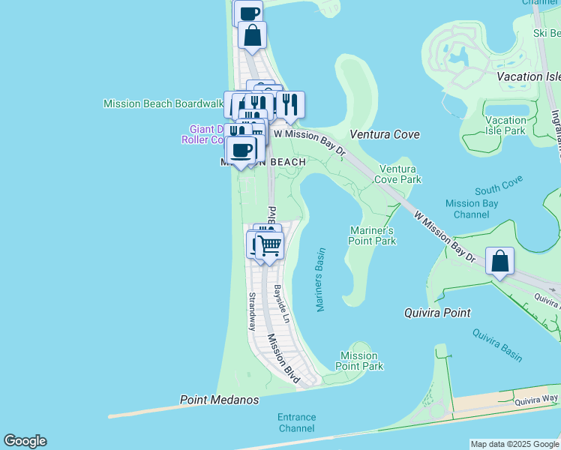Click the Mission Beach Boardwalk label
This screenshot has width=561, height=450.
click(x=163, y=103)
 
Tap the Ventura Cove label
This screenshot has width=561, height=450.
click(x=385, y=134)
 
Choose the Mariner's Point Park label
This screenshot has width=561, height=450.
click(x=372, y=235)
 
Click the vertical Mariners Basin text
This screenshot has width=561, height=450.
click(x=320, y=280)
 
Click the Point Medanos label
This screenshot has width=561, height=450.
click(x=220, y=400)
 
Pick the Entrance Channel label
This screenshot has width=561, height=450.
click(x=296, y=422)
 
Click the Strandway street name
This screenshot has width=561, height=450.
click(x=252, y=311)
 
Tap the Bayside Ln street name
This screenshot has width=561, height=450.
click(x=280, y=300)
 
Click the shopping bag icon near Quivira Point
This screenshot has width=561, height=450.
click(x=499, y=262)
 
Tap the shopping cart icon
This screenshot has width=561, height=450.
click(x=269, y=245)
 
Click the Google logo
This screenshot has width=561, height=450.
click(x=25, y=441)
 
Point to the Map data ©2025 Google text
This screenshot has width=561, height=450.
click(x=514, y=444)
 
